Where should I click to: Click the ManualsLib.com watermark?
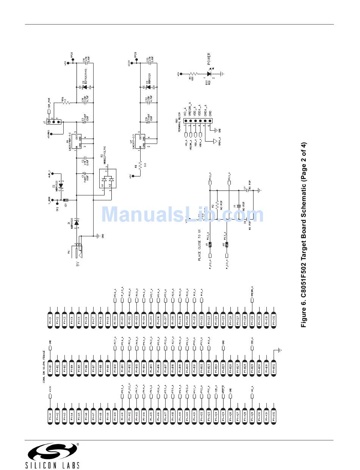[182, 214]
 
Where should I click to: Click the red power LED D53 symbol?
[209, 74]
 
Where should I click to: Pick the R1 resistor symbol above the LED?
[193, 74]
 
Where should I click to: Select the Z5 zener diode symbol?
[85, 87]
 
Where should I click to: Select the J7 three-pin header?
[54, 122]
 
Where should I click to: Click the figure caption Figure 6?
[304, 235]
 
